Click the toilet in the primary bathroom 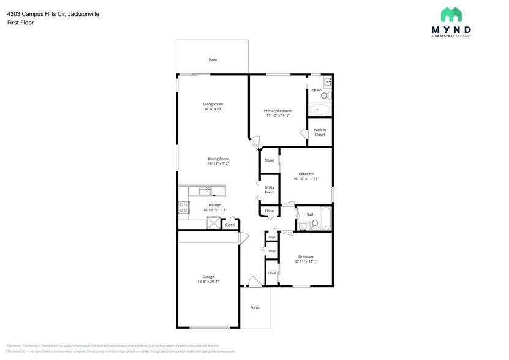325,96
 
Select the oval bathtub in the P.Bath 318,110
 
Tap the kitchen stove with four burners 183,208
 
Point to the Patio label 213,60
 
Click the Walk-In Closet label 320,132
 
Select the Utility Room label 270,190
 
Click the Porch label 255,307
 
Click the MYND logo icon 451,15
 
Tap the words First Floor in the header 21,23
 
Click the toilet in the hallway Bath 314,224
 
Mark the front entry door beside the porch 255,281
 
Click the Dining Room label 218,159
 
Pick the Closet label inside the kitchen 230,225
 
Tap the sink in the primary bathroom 327,81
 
